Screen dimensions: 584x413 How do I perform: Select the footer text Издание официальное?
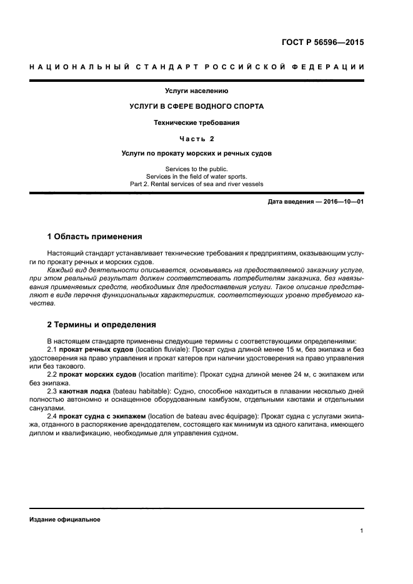tap(64, 520)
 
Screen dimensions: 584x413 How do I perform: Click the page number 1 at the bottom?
tap(362, 531)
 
